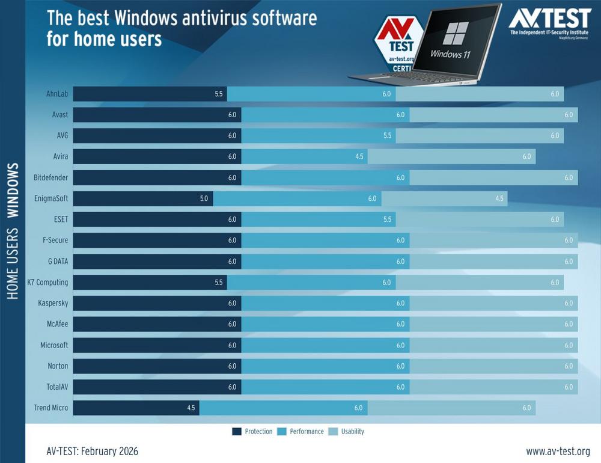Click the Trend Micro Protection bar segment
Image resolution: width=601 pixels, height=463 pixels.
click(136, 408)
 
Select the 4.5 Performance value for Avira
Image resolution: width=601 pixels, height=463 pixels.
click(359, 157)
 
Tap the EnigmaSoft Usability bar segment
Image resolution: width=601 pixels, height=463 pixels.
click(445, 198)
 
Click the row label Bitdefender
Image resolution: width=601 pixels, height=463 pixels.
click(51, 178)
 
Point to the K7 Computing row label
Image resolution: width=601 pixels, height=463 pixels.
click(47, 282)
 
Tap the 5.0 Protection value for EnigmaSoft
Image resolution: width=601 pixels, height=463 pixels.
click(204, 198)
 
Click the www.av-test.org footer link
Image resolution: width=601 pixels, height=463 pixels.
click(558, 451)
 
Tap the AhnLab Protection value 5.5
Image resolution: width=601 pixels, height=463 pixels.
click(218, 94)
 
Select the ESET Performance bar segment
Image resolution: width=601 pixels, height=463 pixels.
click(319, 219)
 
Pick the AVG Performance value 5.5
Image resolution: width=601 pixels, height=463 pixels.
click(387, 136)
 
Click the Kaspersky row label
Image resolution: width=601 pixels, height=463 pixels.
click(53, 303)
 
